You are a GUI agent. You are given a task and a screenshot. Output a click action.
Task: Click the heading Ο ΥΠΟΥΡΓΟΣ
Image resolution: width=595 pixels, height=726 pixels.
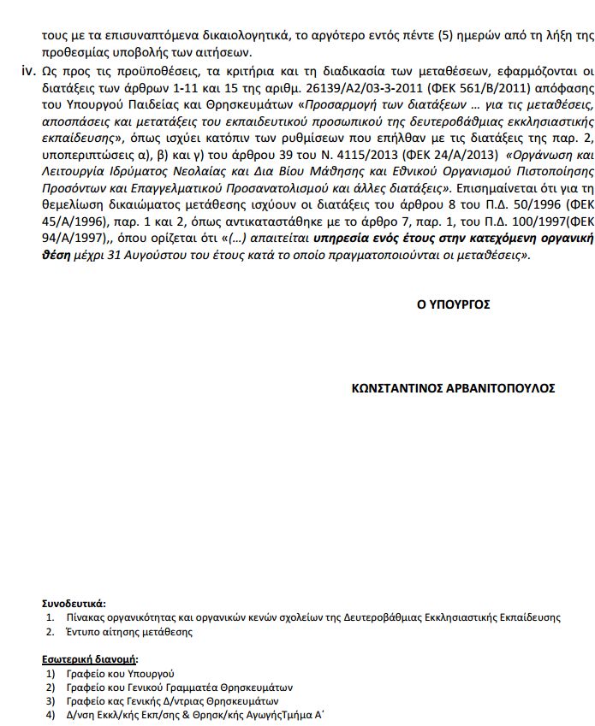454,304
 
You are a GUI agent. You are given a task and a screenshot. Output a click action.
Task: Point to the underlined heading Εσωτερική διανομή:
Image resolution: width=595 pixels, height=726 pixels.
90,659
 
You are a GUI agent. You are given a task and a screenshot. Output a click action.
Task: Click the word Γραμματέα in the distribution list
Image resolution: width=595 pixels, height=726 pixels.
212,687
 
